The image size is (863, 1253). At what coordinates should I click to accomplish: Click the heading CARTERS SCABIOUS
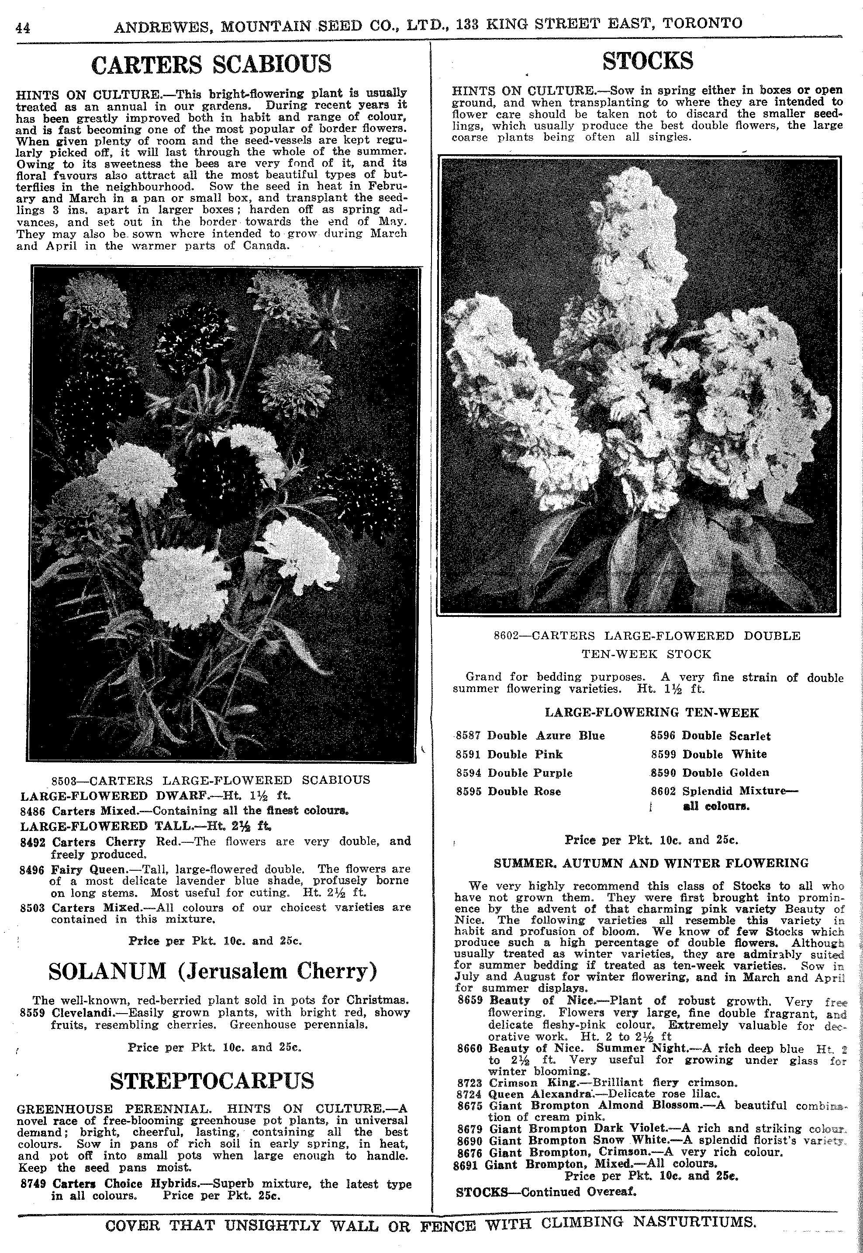coord(211,64)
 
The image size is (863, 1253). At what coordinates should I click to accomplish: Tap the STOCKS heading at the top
coord(648,61)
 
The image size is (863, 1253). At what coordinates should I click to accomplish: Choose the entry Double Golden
coord(726,773)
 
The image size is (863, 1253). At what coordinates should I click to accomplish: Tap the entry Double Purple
coord(530,773)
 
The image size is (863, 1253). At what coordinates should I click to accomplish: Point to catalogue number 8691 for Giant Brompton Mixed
coord(466,1164)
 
